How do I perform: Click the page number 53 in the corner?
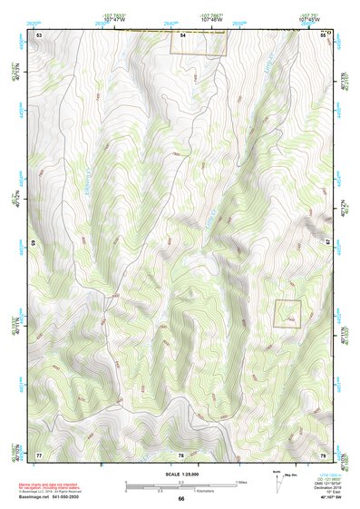pyautogui.click(x=39, y=34)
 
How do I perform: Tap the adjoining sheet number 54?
pyautogui.click(x=182, y=34)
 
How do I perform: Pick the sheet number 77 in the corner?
pyautogui.click(x=39, y=454)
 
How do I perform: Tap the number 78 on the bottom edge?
pyautogui.click(x=181, y=454)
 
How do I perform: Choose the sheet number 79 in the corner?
pyautogui.click(x=324, y=454)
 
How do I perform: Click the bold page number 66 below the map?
pyautogui.click(x=181, y=498)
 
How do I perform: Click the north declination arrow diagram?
pyautogui.click(x=278, y=477)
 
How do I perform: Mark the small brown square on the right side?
pyautogui.click(x=287, y=314)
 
